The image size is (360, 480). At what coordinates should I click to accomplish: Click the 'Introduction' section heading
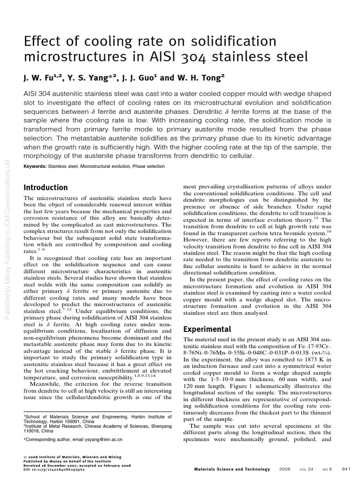(45, 187)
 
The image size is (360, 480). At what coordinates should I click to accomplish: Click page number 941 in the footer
(346, 469)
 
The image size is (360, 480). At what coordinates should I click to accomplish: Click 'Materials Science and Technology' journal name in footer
(232, 469)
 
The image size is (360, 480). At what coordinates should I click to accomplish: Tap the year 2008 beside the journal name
(285, 469)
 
